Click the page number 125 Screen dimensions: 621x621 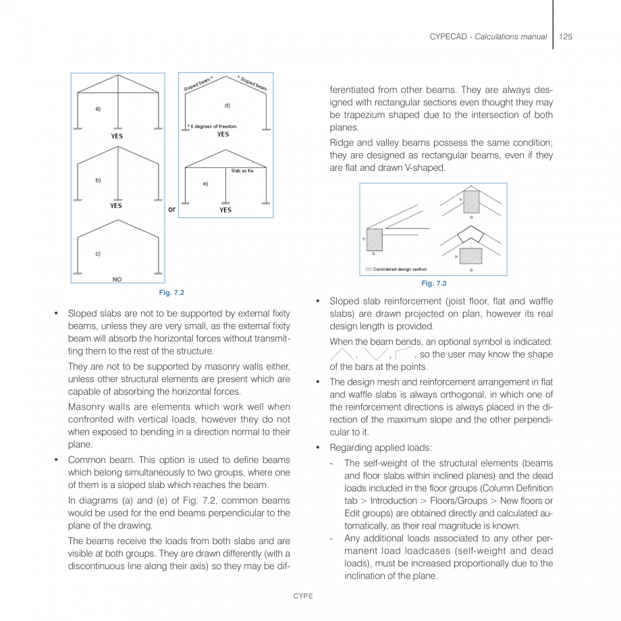[566, 36]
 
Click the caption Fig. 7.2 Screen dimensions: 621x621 [171, 292]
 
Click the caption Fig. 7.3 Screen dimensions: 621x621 [433, 283]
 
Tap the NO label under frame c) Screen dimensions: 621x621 [117, 279]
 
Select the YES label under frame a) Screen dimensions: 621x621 [117, 136]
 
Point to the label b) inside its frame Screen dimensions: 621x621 [99, 180]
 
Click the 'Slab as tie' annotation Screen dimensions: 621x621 [242, 171]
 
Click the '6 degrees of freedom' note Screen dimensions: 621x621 [212, 126]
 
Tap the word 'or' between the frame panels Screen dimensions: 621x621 [171, 209]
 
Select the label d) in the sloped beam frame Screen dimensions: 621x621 [227, 105]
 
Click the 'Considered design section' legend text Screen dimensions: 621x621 [400, 269]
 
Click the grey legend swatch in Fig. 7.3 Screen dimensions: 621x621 [369, 269]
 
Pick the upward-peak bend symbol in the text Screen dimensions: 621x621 [342, 354]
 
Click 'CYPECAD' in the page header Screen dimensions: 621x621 [450, 36]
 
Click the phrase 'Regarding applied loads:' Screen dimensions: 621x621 [369, 448]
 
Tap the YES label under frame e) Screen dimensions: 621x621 [225, 210]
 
